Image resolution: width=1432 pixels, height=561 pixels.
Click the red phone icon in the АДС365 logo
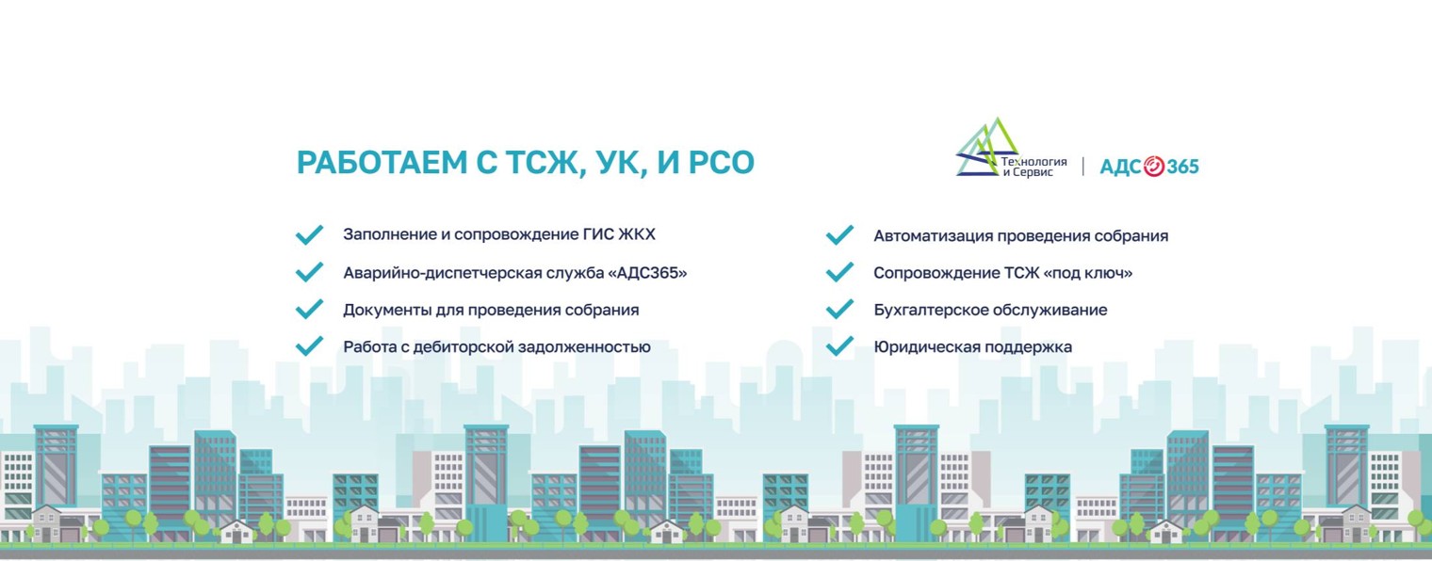tap(1154, 167)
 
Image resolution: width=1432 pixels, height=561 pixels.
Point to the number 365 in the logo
tap(1183, 167)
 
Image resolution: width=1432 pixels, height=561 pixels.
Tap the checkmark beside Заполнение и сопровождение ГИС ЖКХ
tap(309, 234)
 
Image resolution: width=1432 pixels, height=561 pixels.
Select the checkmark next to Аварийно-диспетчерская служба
tap(309, 272)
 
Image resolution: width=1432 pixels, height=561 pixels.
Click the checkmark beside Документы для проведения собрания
tap(309, 309)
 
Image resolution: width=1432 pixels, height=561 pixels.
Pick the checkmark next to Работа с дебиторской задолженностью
tap(309, 346)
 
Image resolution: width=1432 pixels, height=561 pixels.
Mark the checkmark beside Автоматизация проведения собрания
tap(839, 235)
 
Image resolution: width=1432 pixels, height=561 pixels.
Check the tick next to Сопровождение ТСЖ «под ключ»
tap(839, 272)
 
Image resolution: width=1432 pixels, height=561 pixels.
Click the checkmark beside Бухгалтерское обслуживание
tap(839, 310)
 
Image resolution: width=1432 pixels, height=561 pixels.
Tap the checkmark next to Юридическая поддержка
tap(839, 346)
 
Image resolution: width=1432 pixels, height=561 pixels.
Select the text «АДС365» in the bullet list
tap(648, 273)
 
